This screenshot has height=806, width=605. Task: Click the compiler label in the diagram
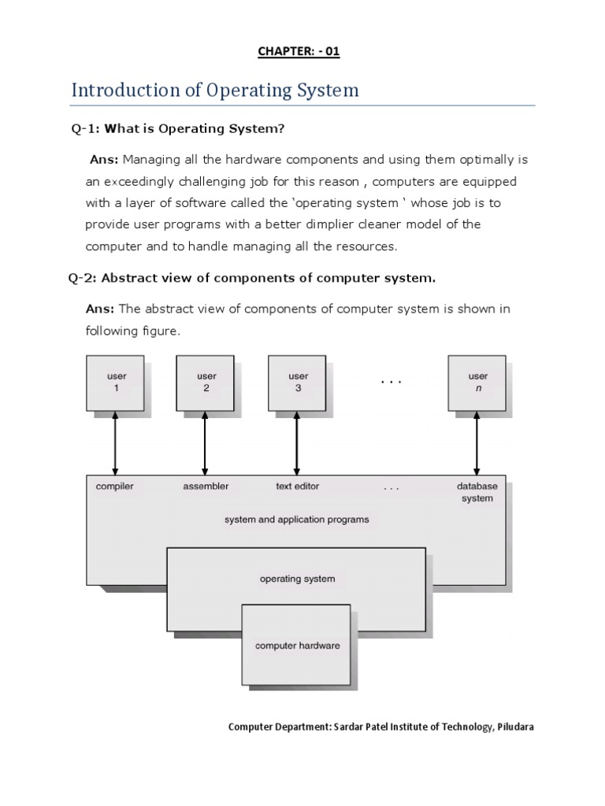point(115,486)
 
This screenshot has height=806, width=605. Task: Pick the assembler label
point(206,486)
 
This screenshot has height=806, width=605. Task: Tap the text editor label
point(297,486)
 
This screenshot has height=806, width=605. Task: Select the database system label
point(477,492)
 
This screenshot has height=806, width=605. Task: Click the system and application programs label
point(297,519)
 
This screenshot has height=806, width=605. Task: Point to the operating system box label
point(297,579)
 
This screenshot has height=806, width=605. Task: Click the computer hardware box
point(297,645)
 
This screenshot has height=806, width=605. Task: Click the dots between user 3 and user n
point(391,383)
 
